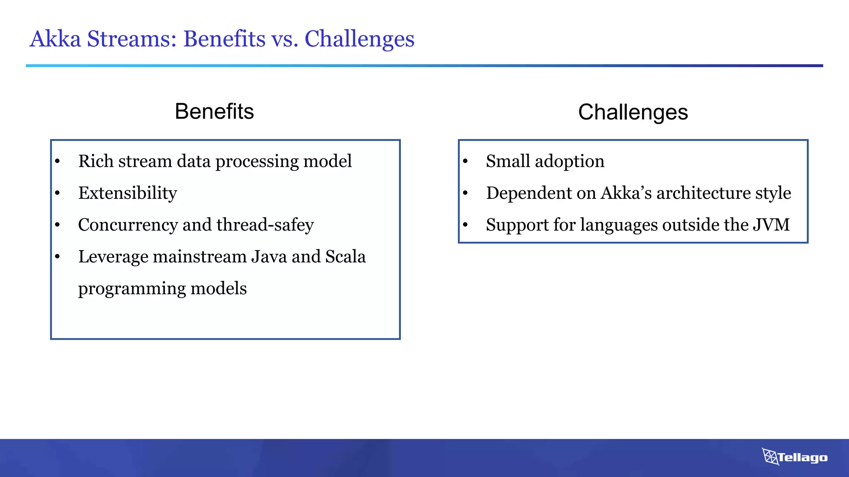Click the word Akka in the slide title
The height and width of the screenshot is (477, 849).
(55, 39)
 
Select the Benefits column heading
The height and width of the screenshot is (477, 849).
(214, 111)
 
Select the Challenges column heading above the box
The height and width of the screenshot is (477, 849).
(633, 112)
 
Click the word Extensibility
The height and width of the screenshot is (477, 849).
(128, 193)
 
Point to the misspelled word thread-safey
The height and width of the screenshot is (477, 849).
(265, 225)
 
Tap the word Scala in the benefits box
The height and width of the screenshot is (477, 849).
(345, 257)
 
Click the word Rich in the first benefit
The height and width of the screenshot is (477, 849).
(96, 161)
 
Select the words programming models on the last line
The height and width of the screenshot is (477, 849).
(162, 289)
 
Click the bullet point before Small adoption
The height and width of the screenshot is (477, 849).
(465, 161)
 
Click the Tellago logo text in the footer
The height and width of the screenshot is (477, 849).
(803, 458)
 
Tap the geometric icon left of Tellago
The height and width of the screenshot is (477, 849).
(770, 457)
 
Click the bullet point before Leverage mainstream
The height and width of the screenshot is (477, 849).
(58, 257)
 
